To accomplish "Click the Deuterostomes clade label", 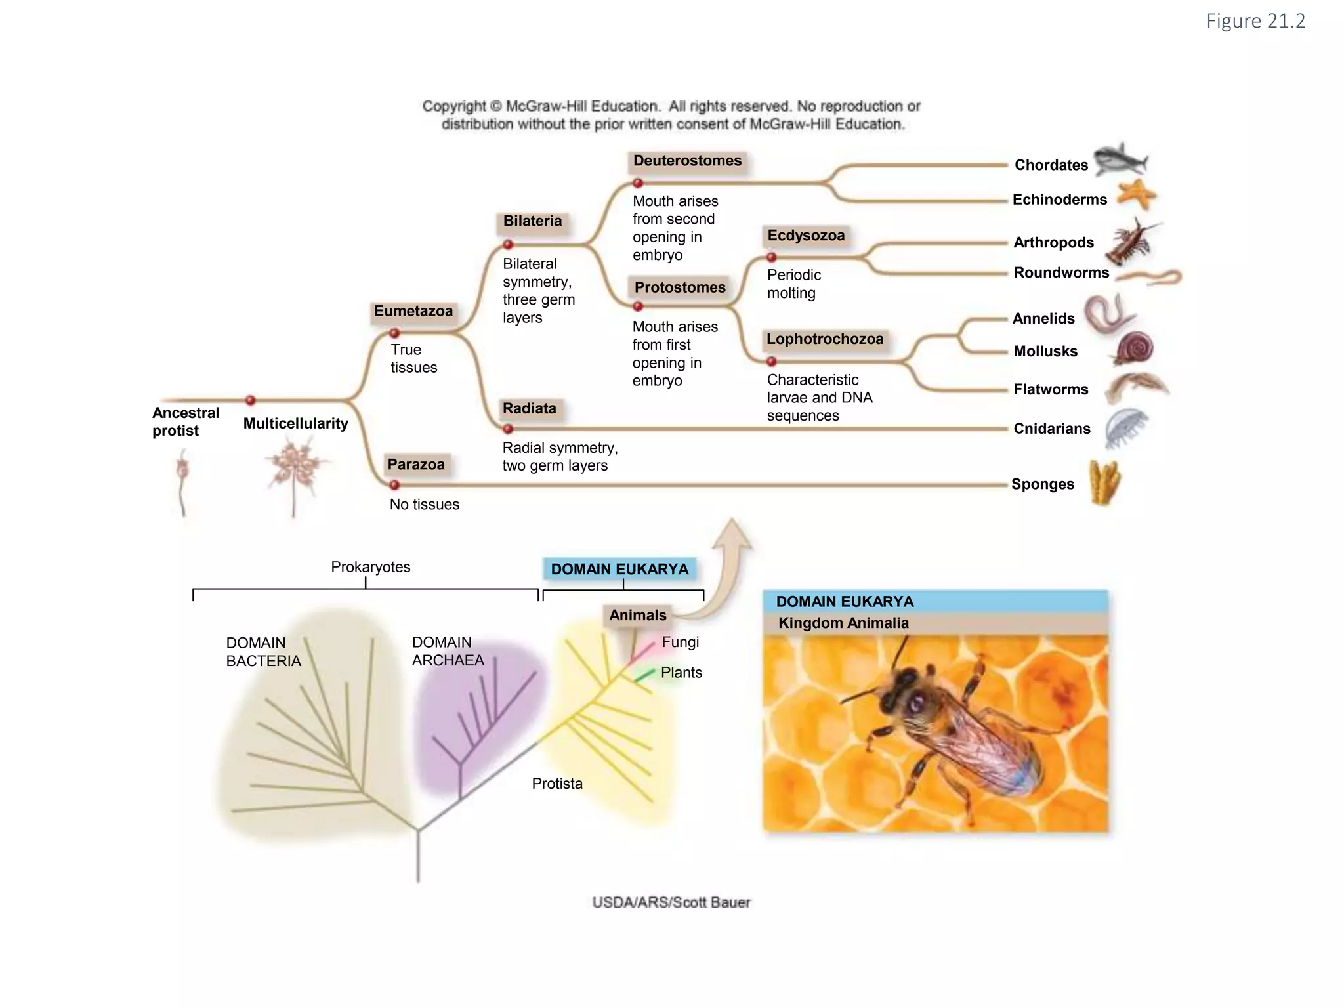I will click(x=687, y=161).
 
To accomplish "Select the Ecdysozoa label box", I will click(x=806, y=236).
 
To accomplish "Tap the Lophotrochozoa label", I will click(x=825, y=339).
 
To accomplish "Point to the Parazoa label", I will click(x=416, y=465).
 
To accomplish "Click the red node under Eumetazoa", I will click(x=394, y=333).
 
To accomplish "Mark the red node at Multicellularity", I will click(x=250, y=400).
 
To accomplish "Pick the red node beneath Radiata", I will click(x=508, y=429).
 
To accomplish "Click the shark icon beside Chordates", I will click(x=1121, y=160).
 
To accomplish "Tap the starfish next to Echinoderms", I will click(x=1137, y=194).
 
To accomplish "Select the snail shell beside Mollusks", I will click(x=1135, y=348).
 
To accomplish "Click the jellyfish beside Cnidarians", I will click(x=1125, y=427).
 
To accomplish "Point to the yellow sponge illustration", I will click(x=1105, y=482).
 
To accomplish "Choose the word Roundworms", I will click(x=1061, y=273).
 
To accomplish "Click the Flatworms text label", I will click(x=1051, y=390).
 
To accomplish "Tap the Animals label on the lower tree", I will click(x=637, y=616).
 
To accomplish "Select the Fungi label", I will click(x=681, y=642).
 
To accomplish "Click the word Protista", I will click(x=557, y=784).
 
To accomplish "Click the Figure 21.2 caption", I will click(x=1255, y=22).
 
